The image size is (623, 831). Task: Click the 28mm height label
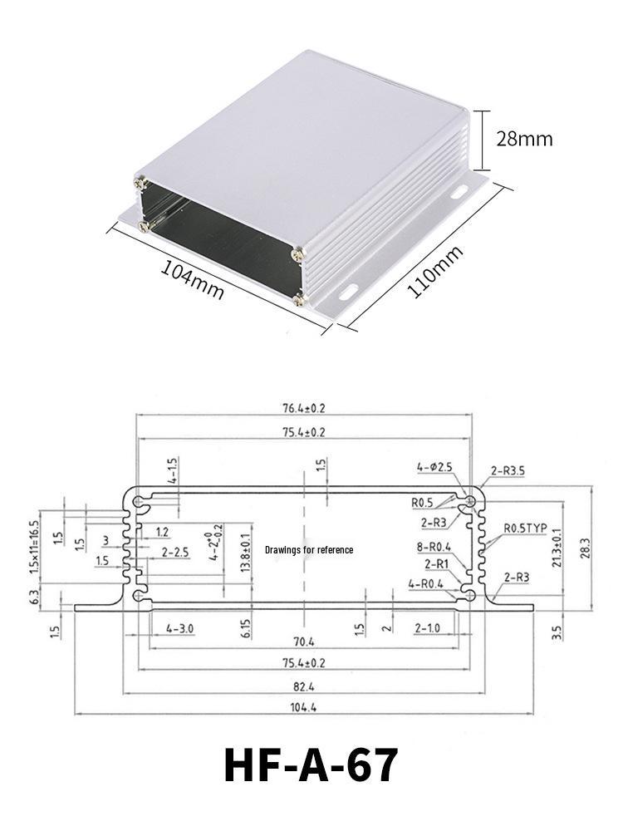[x=523, y=138]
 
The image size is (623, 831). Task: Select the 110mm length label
[x=434, y=273]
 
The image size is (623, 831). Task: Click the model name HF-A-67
[x=311, y=765]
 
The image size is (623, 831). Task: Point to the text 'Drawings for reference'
[x=309, y=549]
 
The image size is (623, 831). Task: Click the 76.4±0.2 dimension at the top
[x=304, y=407]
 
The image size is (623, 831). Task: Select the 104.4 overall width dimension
[x=304, y=707]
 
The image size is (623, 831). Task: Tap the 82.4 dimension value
[x=304, y=686]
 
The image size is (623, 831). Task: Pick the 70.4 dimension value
[x=304, y=642]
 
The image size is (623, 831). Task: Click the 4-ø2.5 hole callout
[x=434, y=468]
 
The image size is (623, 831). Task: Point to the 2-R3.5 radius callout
[x=508, y=470]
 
